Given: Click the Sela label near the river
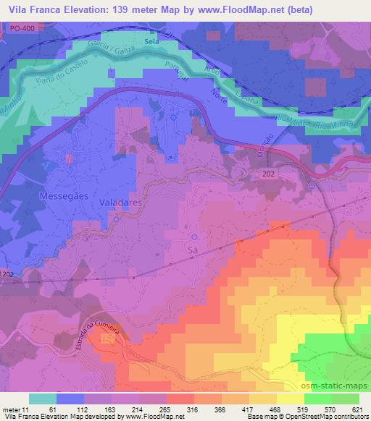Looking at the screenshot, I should tap(152, 43).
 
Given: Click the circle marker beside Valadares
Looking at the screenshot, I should tap(116, 220).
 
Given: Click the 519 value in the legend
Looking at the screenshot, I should tap(302, 409).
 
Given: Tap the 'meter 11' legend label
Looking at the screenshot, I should tap(16, 409).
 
